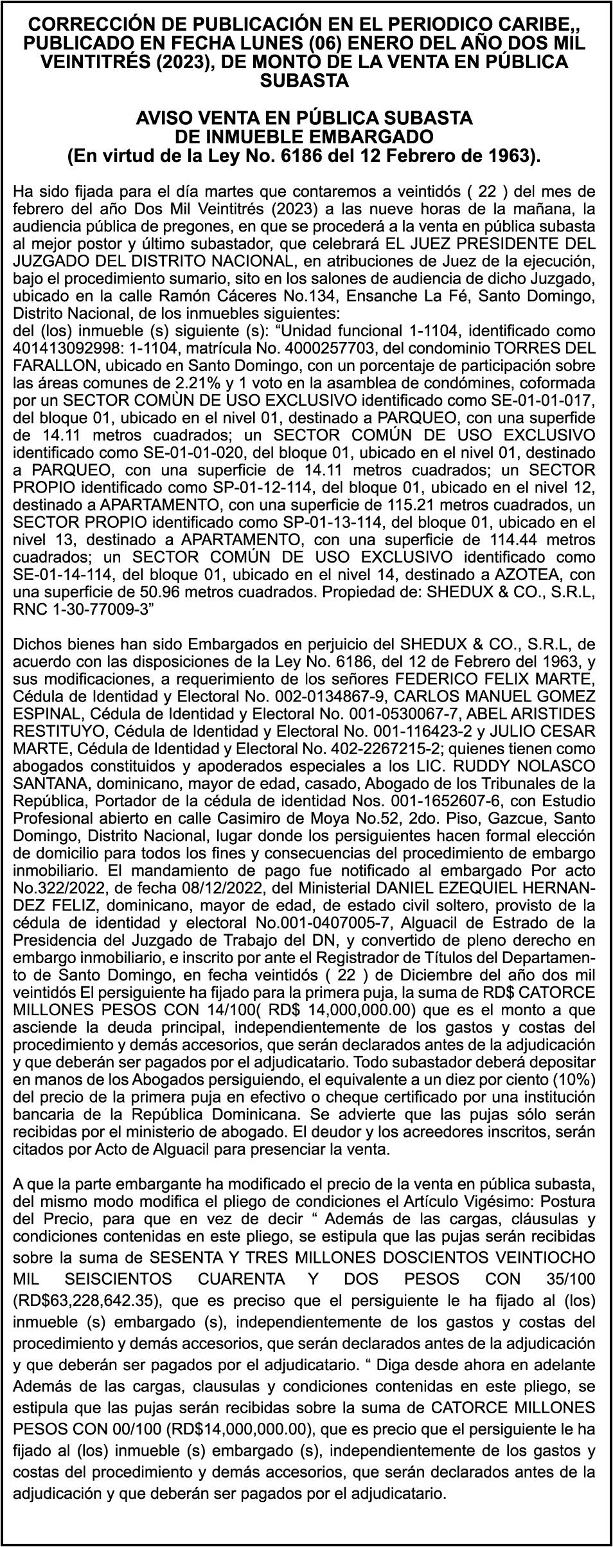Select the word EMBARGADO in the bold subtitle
(369, 137)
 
